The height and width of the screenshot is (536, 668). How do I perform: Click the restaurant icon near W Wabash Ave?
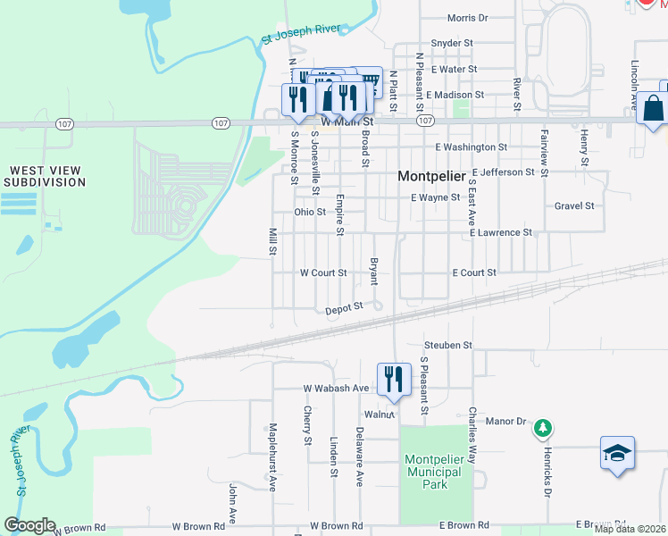[x=393, y=379]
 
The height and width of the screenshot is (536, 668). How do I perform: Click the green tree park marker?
[x=541, y=431]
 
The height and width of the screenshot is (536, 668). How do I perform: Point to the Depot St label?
[x=344, y=307]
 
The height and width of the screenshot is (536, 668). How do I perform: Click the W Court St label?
[x=322, y=272]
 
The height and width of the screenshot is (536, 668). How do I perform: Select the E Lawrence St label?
[x=501, y=232]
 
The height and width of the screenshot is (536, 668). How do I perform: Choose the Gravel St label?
[x=574, y=205]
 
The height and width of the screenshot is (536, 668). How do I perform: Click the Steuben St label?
[x=447, y=344]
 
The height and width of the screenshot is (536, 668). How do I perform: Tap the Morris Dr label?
[x=468, y=17]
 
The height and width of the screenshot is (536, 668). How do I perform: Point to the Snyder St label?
[x=451, y=43]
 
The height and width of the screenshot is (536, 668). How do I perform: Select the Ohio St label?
[x=310, y=212]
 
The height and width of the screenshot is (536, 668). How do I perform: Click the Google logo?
[x=29, y=525]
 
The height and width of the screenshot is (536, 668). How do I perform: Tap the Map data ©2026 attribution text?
[x=630, y=529]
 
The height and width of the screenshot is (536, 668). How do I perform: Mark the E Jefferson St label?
[x=504, y=172]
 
